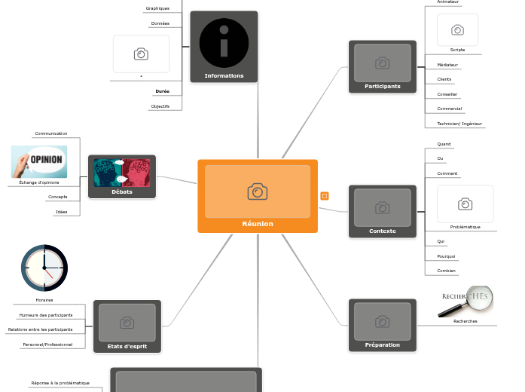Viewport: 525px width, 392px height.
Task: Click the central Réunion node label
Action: (x=258, y=224)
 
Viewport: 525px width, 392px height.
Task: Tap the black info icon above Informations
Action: (x=224, y=42)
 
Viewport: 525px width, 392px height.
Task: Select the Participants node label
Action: (x=383, y=87)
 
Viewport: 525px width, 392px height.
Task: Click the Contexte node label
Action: (x=383, y=231)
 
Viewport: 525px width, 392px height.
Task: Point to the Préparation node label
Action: (x=383, y=345)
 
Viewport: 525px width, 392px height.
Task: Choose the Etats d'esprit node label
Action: (x=127, y=346)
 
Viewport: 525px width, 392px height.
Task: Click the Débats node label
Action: (x=122, y=192)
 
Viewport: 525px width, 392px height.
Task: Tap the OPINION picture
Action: (x=39, y=161)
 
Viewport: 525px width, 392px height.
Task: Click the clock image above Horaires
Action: (x=44, y=268)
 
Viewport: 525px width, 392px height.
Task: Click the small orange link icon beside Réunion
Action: (x=325, y=196)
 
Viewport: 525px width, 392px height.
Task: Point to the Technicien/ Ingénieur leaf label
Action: (x=459, y=124)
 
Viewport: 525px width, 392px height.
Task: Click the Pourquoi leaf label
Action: (x=446, y=256)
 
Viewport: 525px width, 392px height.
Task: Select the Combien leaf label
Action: (x=446, y=271)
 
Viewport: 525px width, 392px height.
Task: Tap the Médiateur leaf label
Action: (x=447, y=65)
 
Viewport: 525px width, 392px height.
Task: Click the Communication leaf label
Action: (x=51, y=133)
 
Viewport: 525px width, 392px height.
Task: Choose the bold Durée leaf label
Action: (x=162, y=91)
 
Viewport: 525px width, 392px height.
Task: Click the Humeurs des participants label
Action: (x=46, y=315)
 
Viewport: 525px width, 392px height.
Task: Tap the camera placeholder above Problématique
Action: (x=465, y=204)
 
